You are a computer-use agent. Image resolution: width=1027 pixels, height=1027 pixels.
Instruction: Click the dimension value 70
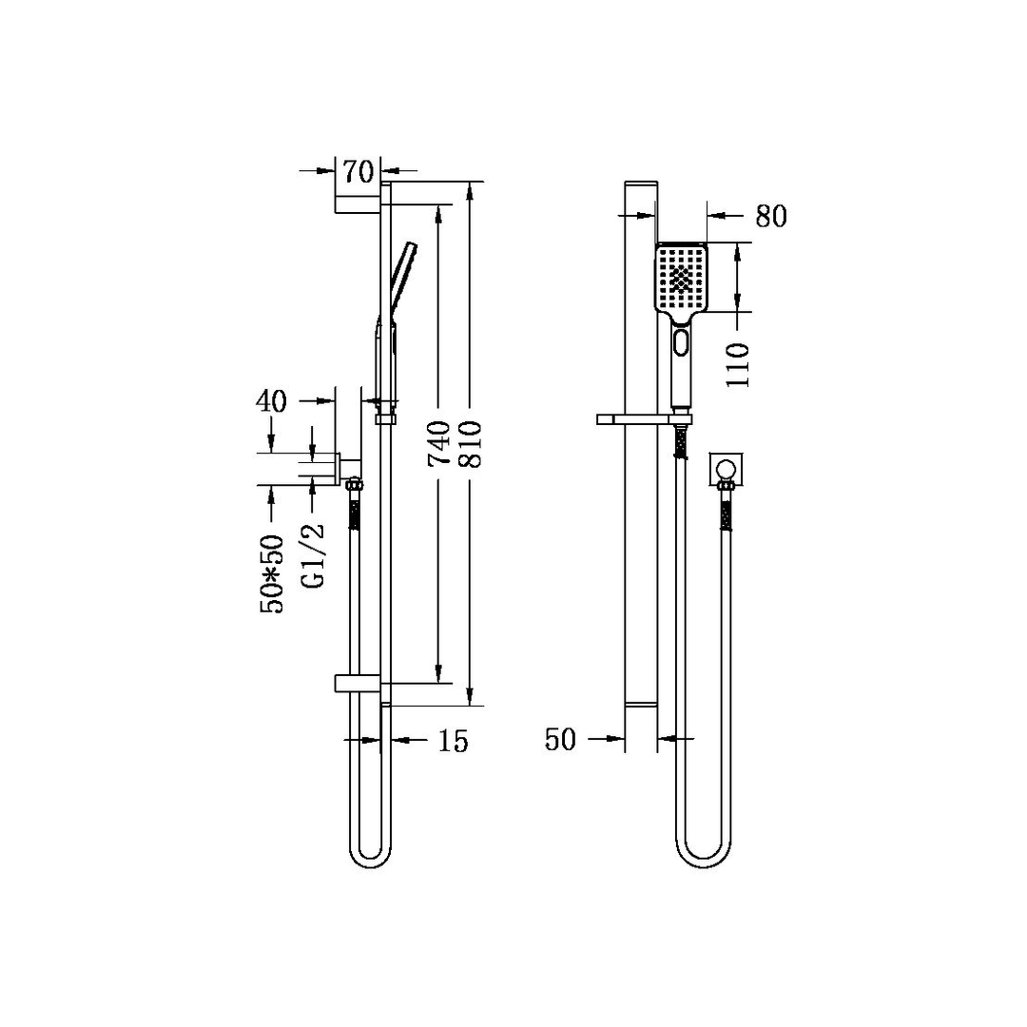(x=358, y=172)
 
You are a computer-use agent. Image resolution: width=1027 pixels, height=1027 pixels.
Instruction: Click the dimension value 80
(x=771, y=217)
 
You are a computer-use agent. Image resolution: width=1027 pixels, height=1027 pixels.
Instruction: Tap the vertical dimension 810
(x=472, y=443)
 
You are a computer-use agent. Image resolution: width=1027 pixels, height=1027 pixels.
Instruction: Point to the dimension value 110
(x=738, y=364)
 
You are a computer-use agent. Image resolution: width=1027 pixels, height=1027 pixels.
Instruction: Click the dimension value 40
(x=271, y=401)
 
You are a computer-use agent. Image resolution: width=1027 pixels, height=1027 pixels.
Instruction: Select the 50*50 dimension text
(x=274, y=572)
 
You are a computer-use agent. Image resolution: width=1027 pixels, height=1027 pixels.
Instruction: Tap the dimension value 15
(x=454, y=742)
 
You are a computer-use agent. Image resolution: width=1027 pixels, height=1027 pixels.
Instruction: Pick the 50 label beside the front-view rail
(x=561, y=740)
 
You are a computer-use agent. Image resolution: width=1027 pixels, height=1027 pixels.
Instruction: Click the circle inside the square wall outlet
(x=727, y=467)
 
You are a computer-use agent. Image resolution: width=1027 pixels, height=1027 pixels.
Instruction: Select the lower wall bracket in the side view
(x=358, y=682)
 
